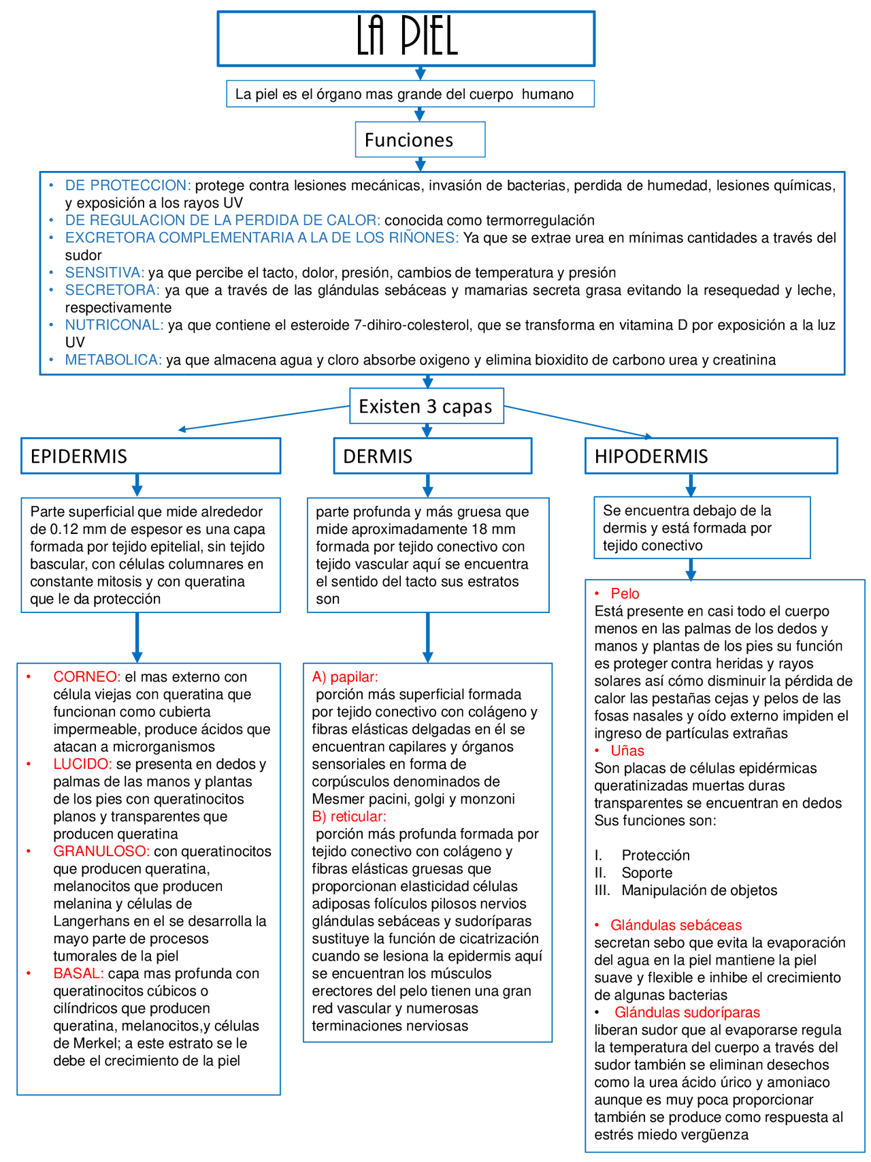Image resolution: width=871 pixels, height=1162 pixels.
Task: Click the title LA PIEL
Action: tap(406, 38)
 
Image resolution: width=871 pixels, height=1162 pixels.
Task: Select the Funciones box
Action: tap(420, 140)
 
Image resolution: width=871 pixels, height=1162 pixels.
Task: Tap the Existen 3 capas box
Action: tap(426, 407)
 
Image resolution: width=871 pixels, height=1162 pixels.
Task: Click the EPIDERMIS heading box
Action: tap(150, 456)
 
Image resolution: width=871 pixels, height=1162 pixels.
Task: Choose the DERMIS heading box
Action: tap(432, 456)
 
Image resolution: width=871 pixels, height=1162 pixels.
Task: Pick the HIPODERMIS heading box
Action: tap(710, 456)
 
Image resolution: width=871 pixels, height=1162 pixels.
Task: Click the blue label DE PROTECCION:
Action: tap(128, 185)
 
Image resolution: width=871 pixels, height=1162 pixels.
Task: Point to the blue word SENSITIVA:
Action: tap(105, 272)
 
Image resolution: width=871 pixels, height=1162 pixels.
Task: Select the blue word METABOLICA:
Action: tap(114, 360)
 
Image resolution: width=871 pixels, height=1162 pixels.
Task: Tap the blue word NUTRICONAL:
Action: tap(114, 325)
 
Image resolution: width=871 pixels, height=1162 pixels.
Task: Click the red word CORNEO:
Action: tap(86, 677)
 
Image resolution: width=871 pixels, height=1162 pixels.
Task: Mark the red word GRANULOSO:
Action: tap(101, 851)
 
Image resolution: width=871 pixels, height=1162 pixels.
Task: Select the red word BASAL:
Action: tap(78, 973)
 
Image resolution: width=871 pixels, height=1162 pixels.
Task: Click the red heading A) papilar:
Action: tap(345, 677)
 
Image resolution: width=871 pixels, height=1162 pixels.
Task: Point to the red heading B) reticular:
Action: tap(349, 816)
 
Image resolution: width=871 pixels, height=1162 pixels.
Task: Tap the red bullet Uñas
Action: tap(627, 751)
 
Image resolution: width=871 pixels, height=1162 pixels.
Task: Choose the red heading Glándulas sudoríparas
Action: tap(687, 1012)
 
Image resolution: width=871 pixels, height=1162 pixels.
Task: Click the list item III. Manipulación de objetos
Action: tap(685, 890)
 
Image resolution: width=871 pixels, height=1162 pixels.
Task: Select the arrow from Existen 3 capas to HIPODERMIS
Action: tap(578, 421)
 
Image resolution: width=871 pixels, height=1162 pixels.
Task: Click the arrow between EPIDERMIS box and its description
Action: tap(137, 485)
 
